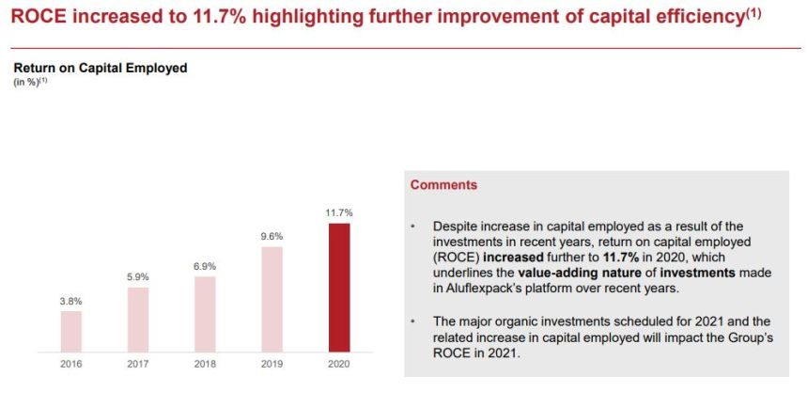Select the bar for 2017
point(138,320)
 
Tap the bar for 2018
point(205,314)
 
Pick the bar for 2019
point(272,299)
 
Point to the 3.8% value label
point(71,301)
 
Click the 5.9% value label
point(138,277)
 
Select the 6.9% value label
point(205,267)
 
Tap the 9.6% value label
point(272,236)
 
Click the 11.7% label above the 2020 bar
point(339,213)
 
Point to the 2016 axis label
point(71,363)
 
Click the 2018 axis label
point(205,363)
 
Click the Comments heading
point(443,185)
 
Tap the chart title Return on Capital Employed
point(101,68)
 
